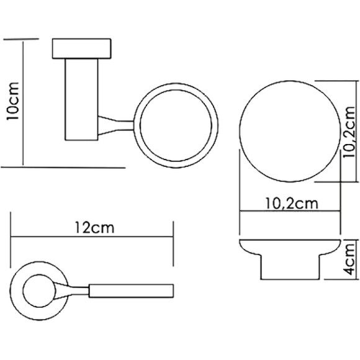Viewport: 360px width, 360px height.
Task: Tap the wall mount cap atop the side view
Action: tap(83, 48)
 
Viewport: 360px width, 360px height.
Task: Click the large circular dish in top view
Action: tap(289, 130)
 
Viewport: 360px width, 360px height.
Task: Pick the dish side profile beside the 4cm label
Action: tap(290, 247)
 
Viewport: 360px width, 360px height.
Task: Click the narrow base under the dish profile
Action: tap(290, 268)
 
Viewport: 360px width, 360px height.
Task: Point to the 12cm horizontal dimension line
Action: tap(92, 236)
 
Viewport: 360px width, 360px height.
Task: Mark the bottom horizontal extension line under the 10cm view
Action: tap(62, 166)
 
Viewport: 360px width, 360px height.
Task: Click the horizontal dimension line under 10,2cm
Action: tap(290, 212)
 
